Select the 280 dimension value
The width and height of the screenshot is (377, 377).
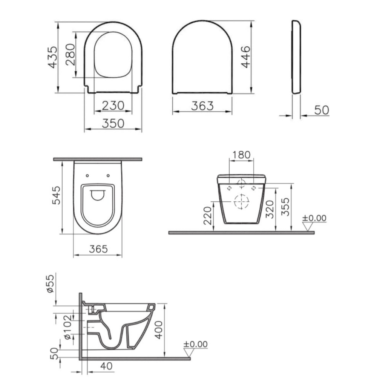tap(70, 55)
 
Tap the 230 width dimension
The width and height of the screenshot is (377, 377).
tap(113, 106)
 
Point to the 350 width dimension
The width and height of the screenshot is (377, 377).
tap(113, 123)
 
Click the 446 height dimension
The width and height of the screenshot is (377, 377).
tap(245, 57)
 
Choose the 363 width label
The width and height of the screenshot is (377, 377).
tap(202, 106)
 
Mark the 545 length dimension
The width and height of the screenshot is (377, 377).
tap(57, 195)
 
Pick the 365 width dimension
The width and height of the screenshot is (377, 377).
tap(98, 249)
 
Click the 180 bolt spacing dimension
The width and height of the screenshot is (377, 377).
tap(241, 155)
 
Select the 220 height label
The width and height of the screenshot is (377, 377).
tap(207, 216)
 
